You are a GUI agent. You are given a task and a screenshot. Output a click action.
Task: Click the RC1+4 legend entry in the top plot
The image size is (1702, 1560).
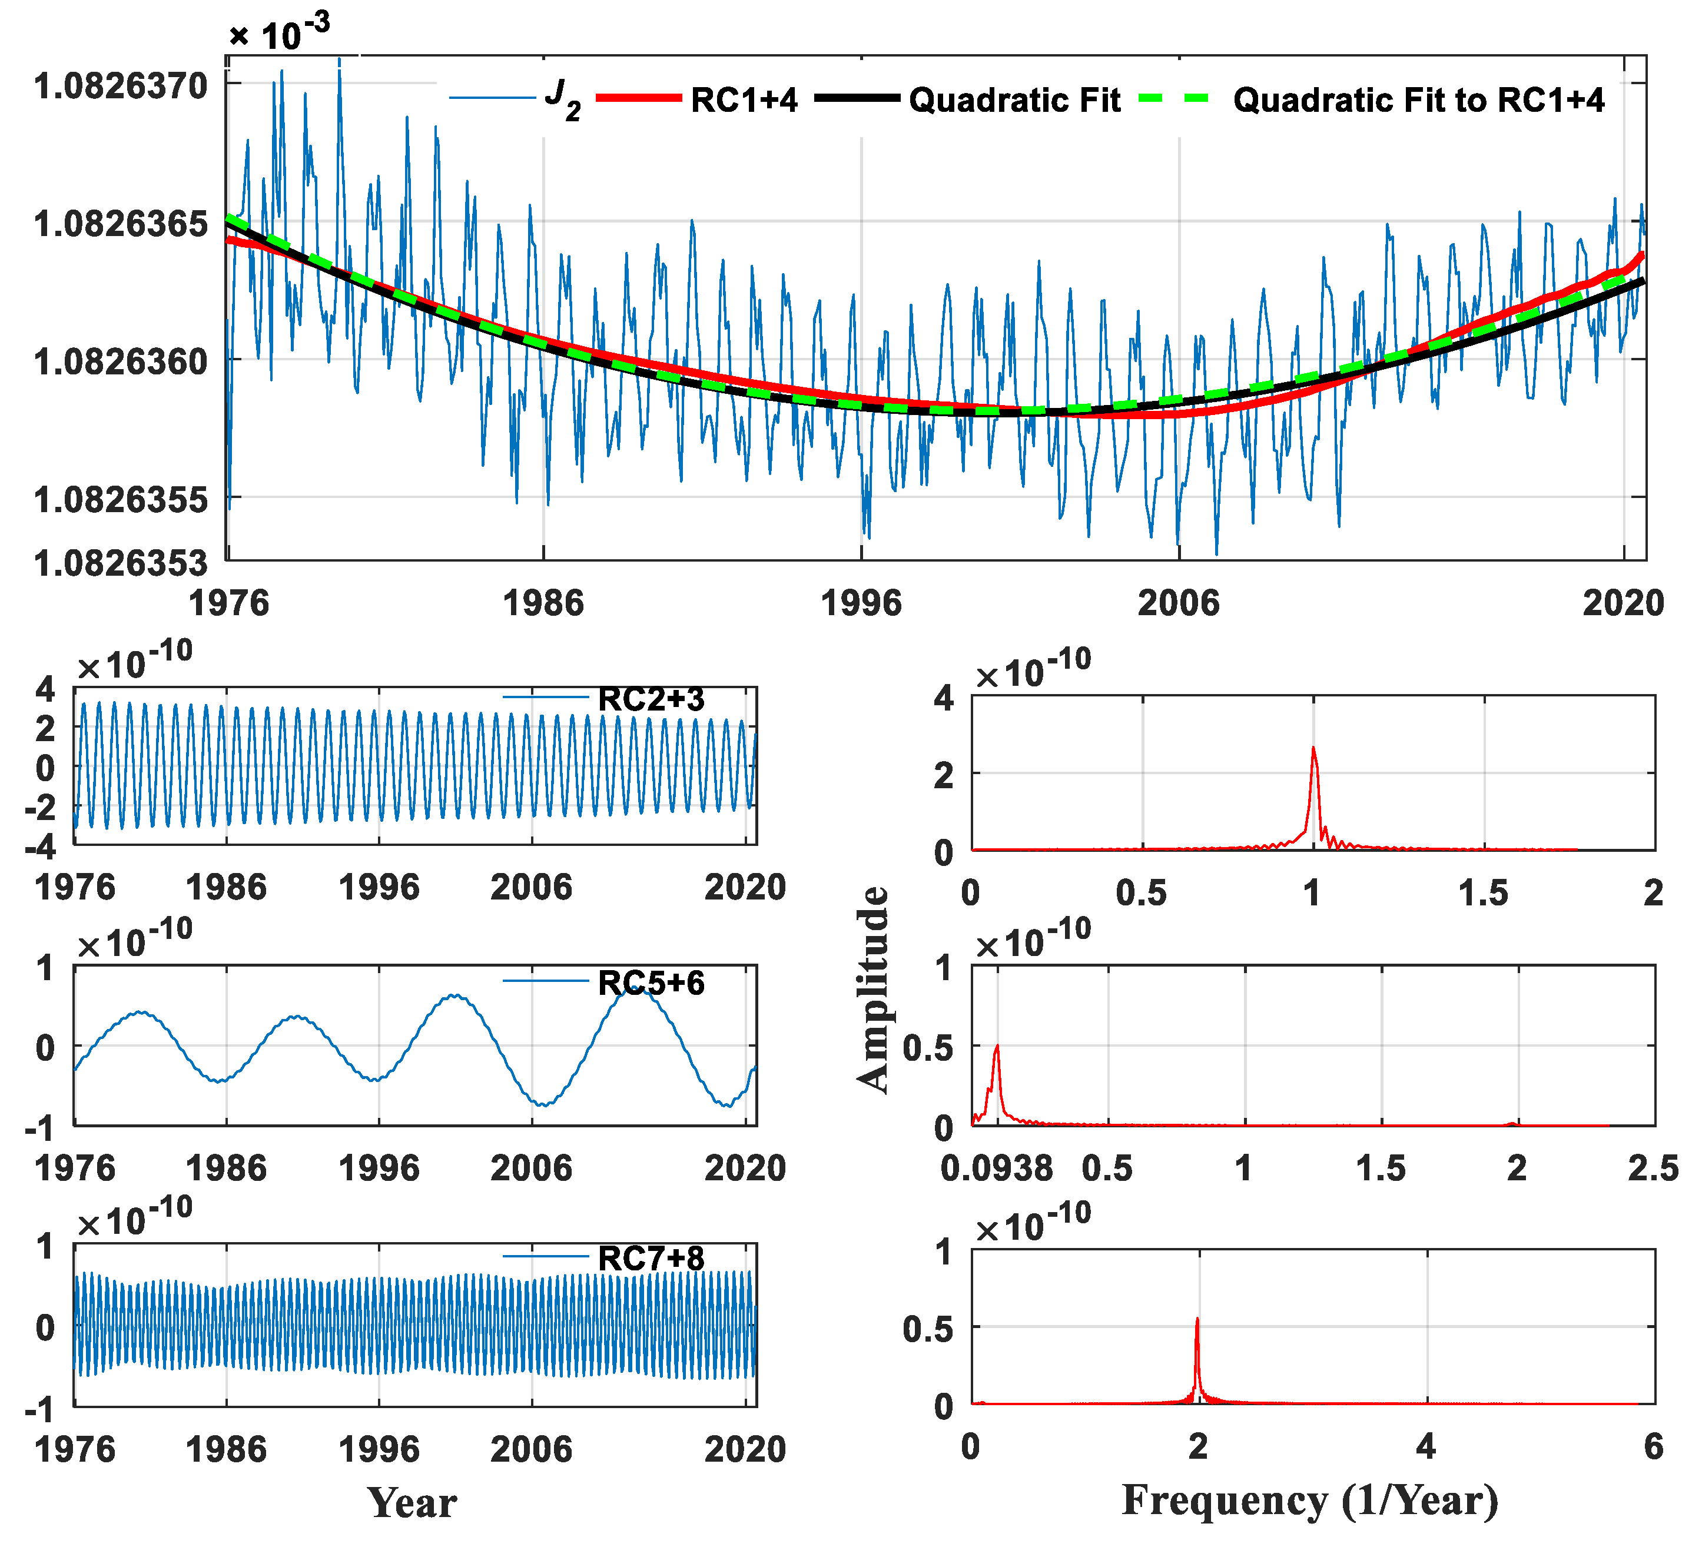(x=743, y=99)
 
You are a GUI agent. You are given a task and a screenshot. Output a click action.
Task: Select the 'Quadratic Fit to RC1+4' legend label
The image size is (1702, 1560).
(x=1418, y=99)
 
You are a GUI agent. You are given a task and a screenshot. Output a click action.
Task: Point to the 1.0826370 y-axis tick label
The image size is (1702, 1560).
(x=120, y=85)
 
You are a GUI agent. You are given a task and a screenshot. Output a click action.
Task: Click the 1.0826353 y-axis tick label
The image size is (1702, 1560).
(x=120, y=562)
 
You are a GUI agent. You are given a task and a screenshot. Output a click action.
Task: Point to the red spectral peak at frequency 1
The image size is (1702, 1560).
(x=1313, y=749)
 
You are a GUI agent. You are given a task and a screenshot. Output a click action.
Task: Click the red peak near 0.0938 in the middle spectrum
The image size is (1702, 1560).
(x=997, y=1048)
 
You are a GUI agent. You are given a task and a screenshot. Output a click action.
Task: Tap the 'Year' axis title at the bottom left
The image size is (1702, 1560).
(x=412, y=1502)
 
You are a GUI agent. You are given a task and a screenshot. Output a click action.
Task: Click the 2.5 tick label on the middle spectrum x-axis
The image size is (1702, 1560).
(x=1652, y=1169)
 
